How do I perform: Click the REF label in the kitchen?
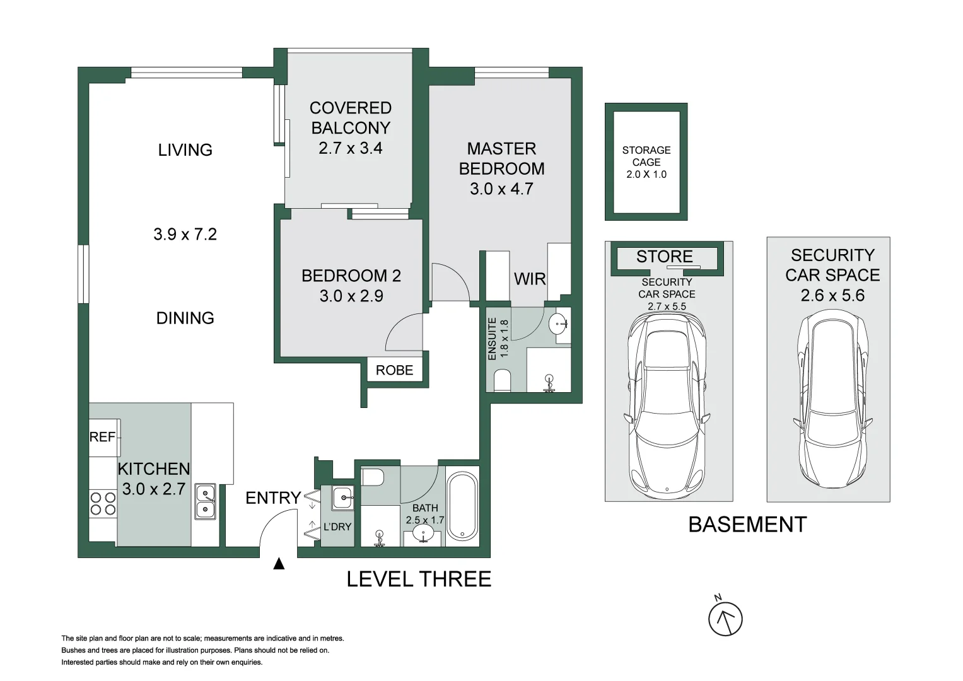click(x=102, y=437)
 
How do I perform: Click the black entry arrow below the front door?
click(x=279, y=563)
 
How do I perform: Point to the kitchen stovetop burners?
click(x=103, y=504)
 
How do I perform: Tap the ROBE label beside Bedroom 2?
click(x=394, y=370)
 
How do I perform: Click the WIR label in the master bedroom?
click(x=530, y=279)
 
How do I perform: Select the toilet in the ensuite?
click(x=502, y=381)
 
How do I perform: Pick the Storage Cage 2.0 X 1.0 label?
click(x=646, y=162)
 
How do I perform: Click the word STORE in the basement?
click(x=664, y=256)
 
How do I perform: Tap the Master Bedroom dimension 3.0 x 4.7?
click(x=501, y=189)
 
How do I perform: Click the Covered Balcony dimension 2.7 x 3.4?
click(x=351, y=148)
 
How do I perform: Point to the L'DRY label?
click(x=337, y=527)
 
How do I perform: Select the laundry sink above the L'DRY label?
click(x=343, y=498)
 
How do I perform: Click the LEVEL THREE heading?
click(x=419, y=579)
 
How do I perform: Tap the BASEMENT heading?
click(x=747, y=525)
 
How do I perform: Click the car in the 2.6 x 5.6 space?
click(x=832, y=399)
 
